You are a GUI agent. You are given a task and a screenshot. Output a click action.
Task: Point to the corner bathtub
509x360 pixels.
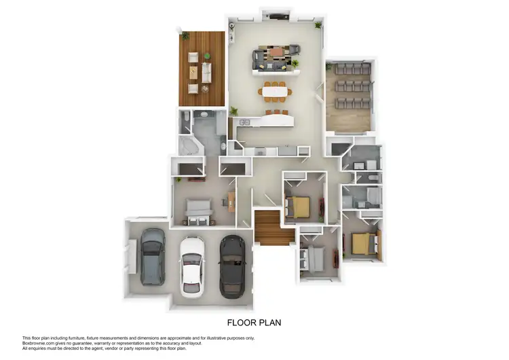(x=187, y=146)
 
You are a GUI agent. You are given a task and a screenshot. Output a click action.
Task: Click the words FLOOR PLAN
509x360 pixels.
(x=254, y=323)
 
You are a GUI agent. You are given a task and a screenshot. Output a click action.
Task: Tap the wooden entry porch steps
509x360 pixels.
(x=268, y=228)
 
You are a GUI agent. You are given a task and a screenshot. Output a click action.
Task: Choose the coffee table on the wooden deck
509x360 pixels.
(x=195, y=71)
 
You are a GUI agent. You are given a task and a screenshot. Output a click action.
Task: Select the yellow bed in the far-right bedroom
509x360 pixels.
(x=364, y=243)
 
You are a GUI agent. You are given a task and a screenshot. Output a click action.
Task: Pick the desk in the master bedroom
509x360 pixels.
(x=231, y=199)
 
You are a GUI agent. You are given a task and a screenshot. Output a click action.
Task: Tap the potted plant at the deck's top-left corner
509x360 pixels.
(x=185, y=34)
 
